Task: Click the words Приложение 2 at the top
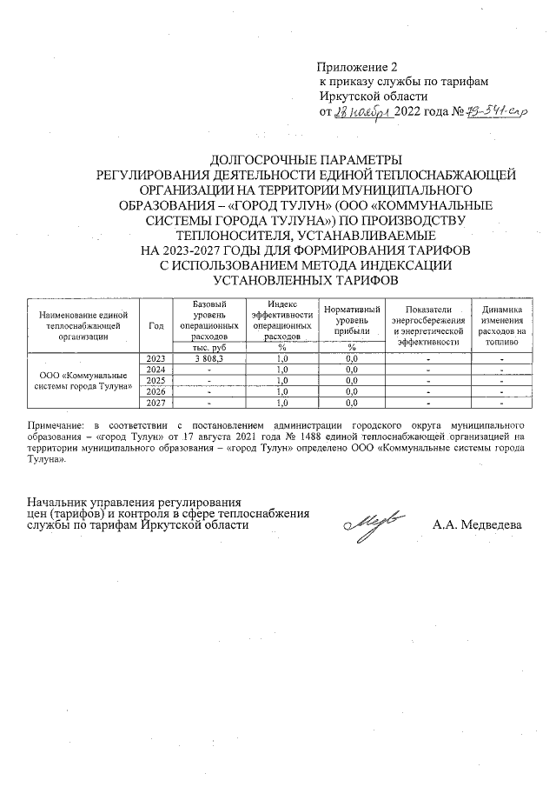pos(356,67)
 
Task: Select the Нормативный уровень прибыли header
pos(352,320)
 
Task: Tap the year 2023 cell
pos(156,358)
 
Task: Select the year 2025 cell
pos(156,381)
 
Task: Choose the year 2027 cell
pos(156,403)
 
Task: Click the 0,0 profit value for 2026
pos(352,392)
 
